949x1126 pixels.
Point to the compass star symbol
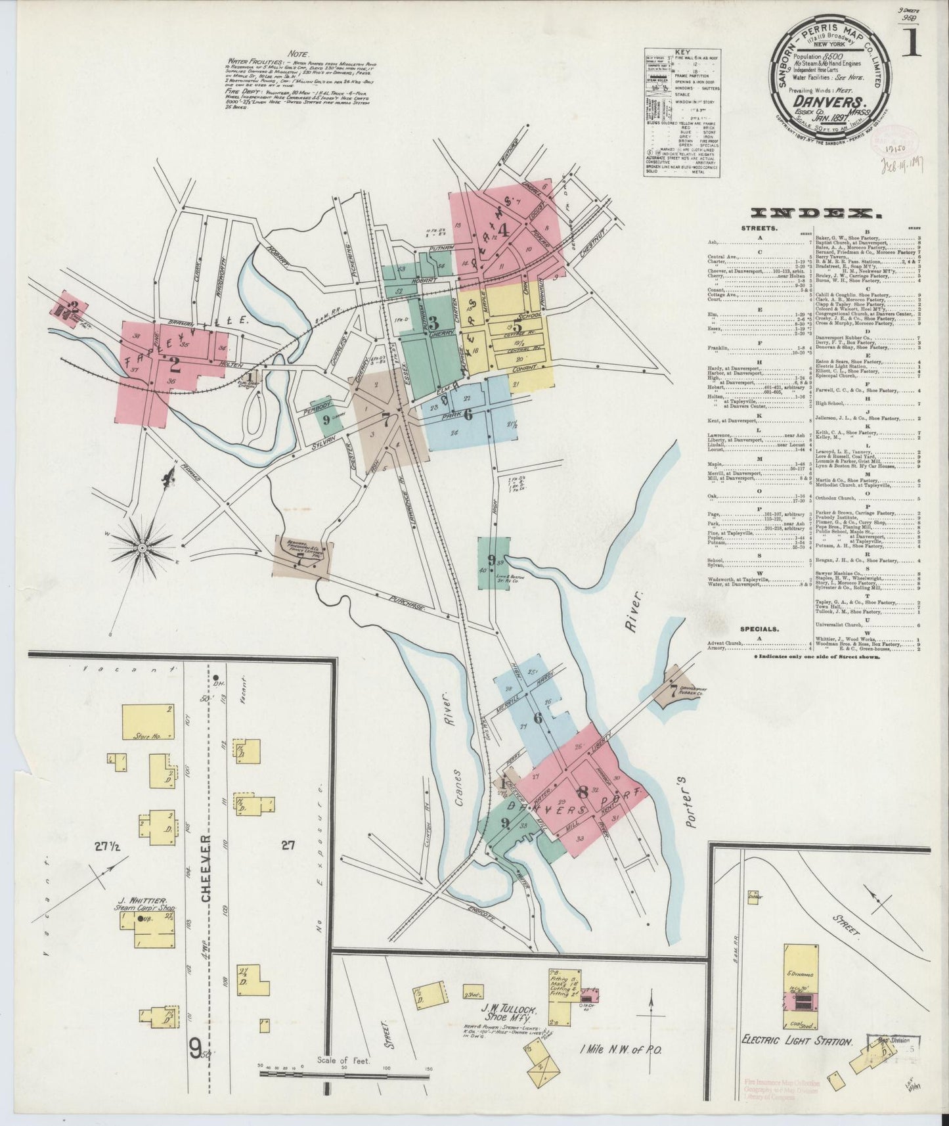coord(142,546)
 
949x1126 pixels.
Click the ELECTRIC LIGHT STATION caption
coord(796,1060)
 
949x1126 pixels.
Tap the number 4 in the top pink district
coord(504,230)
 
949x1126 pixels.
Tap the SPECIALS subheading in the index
coord(760,628)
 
